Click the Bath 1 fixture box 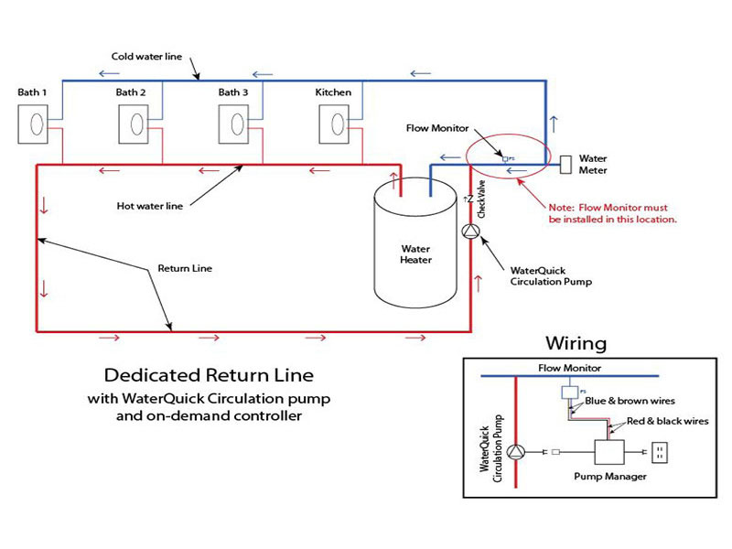pyautogui.click(x=35, y=124)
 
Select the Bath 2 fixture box pyautogui.click(x=135, y=124)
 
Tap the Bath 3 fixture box pyautogui.click(x=236, y=124)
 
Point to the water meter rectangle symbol pyautogui.click(x=566, y=165)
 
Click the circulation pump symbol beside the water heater pyautogui.click(x=470, y=231)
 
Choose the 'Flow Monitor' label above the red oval pyautogui.click(x=437, y=129)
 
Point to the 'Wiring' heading pyautogui.click(x=576, y=344)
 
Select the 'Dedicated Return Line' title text pyautogui.click(x=209, y=375)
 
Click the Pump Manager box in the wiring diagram pyautogui.click(x=608, y=453)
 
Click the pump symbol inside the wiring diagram pyautogui.click(x=518, y=452)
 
